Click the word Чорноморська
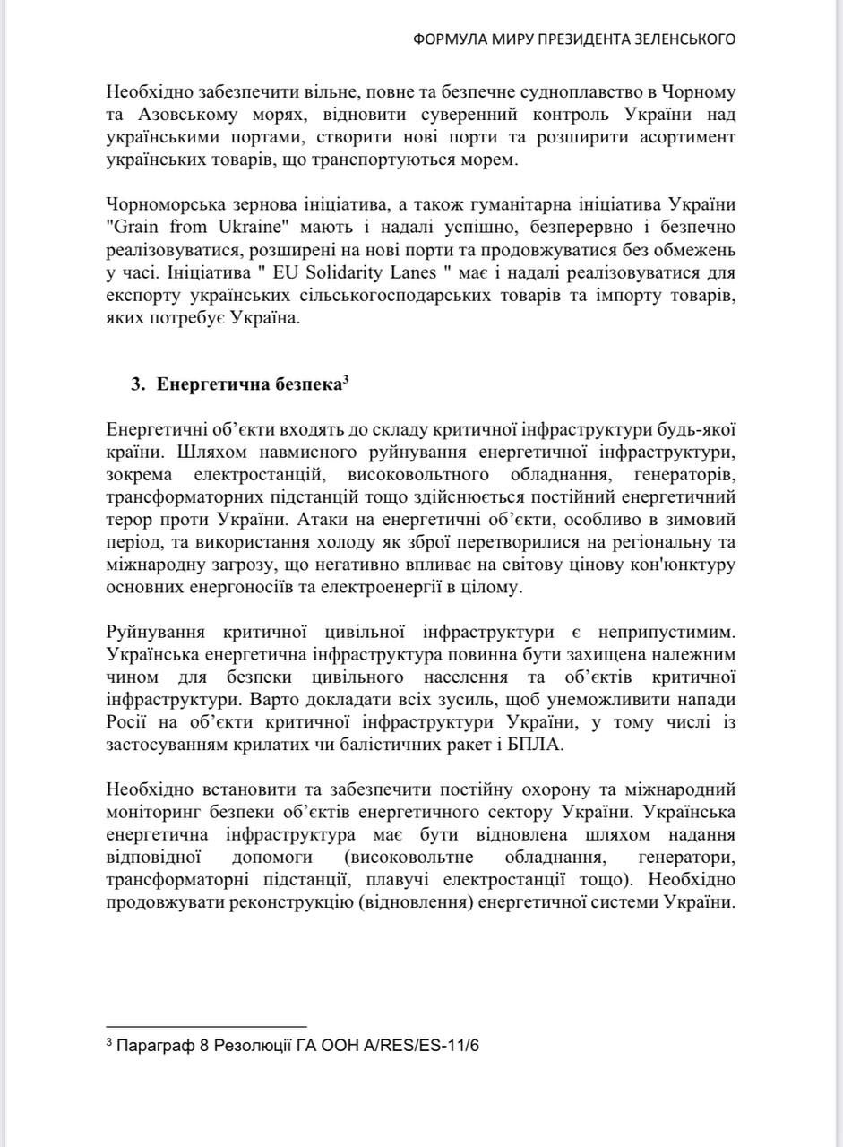(x=159, y=204)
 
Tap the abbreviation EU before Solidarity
(x=283, y=273)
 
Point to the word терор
(x=129, y=520)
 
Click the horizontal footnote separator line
(x=206, y=1026)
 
